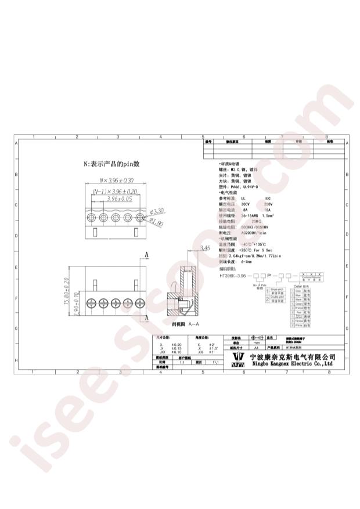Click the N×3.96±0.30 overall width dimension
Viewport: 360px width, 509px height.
point(117,181)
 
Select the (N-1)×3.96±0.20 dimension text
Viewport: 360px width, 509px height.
point(114,191)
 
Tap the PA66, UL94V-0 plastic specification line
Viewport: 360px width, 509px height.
point(244,187)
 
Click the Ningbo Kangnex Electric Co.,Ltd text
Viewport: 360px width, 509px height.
point(290,365)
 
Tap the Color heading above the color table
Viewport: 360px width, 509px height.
point(298,286)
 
